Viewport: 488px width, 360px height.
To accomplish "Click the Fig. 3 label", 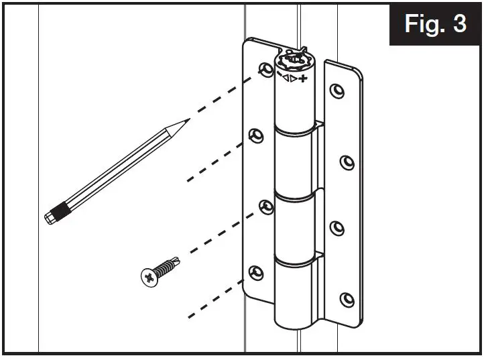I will tap(435, 23).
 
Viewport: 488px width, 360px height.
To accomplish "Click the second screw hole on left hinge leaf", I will tap(255, 136).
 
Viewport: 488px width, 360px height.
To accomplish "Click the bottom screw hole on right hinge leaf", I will tap(346, 298).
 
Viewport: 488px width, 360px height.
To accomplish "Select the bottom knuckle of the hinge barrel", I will tap(295, 288).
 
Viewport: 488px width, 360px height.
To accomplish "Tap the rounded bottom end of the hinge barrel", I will tap(296, 324).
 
